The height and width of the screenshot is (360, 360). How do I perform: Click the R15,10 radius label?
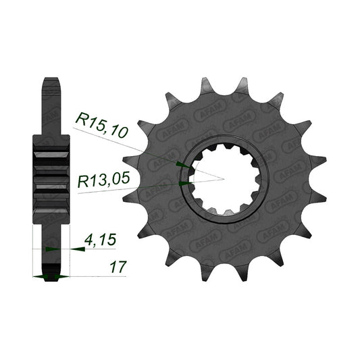(x=101, y=125)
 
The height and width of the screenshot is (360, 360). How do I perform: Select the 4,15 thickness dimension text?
(x=100, y=240)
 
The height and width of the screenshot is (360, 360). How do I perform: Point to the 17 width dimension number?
(x=118, y=267)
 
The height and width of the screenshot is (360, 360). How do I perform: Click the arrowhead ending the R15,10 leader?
(x=183, y=165)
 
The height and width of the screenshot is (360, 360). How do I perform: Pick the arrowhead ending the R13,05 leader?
(x=186, y=183)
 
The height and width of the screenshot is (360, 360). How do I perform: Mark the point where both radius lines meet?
(x=224, y=179)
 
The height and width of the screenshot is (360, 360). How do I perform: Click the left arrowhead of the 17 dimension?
(x=40, y=277)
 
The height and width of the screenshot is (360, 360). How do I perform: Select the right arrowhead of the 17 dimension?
(x=61, y=277)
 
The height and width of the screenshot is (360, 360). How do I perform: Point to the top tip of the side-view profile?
(x=51, y=78)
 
